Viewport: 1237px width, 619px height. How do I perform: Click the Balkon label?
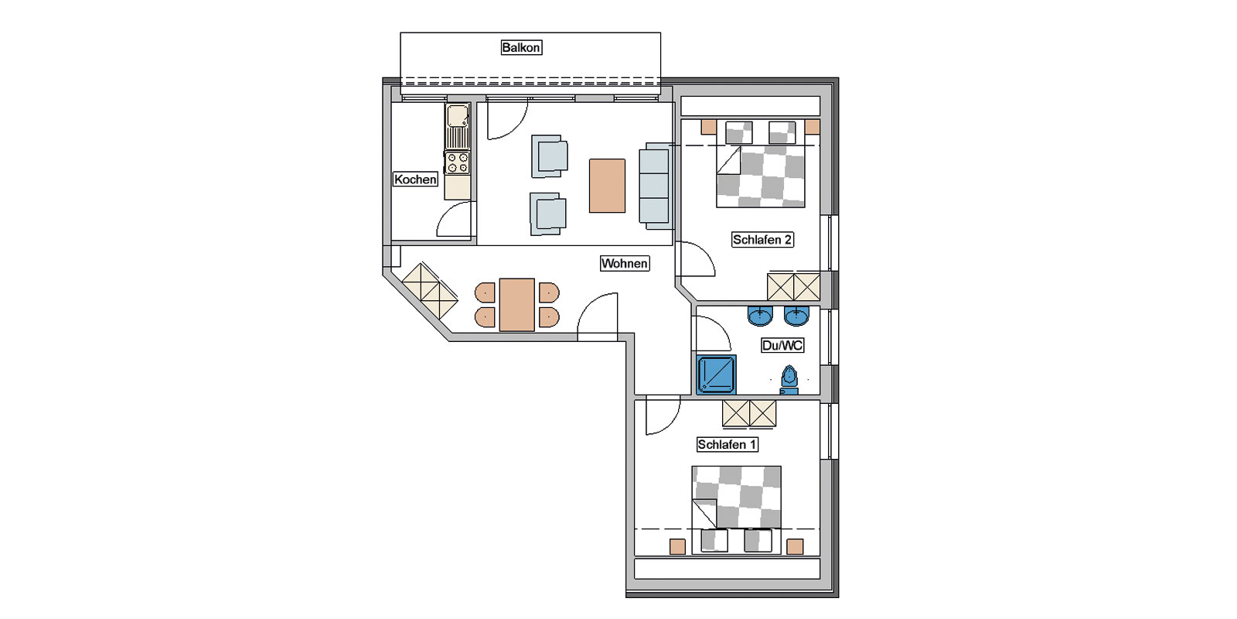pyautogui.click(x=521, y=47)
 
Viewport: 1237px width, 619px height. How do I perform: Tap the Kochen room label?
pyautogui.click(x=415, y=179)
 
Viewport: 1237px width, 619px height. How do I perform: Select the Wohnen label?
pyautogui.click(x=625, y=263)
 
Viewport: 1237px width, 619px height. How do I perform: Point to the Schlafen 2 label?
pyautogui.click(x=762, y=239)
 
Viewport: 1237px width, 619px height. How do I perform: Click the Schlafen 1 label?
pyautogui.click(x=727, y=444)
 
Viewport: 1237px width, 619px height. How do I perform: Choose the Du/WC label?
pyautogui.click(x=782, y=345)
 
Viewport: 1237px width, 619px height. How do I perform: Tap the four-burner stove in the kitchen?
pyautogui.click(x=458, y=162)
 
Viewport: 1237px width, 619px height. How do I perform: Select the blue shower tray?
pyautogui.click(x=716, y=374)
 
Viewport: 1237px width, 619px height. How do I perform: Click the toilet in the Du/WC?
pyautogui.click(x=789, y=380)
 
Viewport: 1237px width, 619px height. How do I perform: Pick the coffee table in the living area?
pyautogui.click(x=607, y=186)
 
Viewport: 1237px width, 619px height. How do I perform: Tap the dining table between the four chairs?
pyautogui.click(x=517, y=305)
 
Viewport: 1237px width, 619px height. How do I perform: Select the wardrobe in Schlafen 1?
pyautogui.click(x=749, y=413)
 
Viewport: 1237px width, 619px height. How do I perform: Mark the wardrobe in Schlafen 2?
pyautogui.click(x=793, y=287)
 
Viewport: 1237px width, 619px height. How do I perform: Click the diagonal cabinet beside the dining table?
pyautogui.click(x=430, y=291)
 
